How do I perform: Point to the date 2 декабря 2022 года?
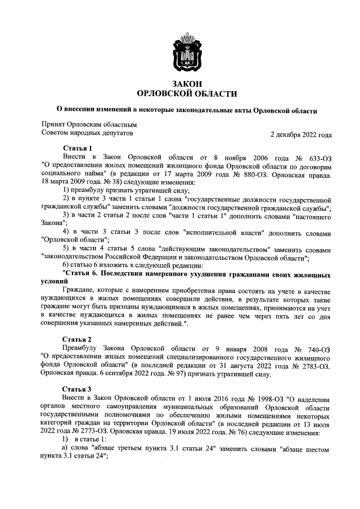(x=300, y=135)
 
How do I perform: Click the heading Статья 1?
(x=77, y=148)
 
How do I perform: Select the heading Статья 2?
(x=77, y=339)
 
